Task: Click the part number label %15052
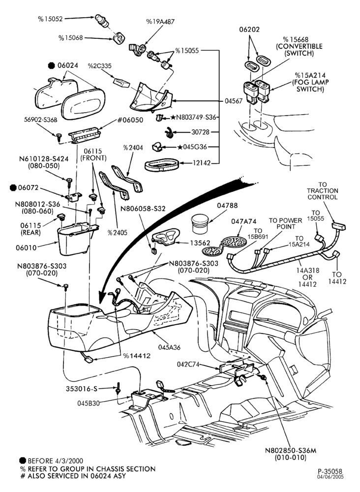pos(51,19)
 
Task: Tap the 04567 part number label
pos(233,101)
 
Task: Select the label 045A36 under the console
pos(169,347)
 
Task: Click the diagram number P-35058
pos(330,471)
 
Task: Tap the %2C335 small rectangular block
pos(121,82)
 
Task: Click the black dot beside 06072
pos(13,187)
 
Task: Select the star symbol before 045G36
pos(180,147)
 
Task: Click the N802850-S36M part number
pos(291,450)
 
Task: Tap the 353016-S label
pos(82,389)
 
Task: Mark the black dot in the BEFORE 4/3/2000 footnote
pos(22,461)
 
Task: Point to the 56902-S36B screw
pos(59,136)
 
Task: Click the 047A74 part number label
pos(243,221)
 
